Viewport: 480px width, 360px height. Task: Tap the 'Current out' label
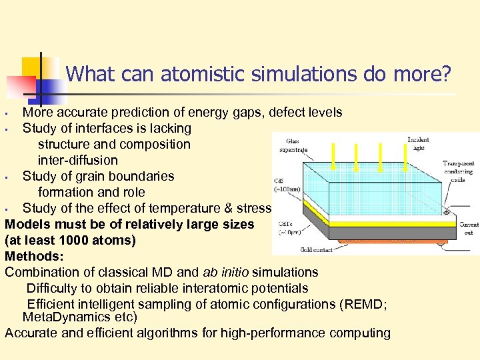point(469,229)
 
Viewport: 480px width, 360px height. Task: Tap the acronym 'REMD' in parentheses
point(362,304)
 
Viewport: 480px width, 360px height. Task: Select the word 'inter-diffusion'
point(77,160)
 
